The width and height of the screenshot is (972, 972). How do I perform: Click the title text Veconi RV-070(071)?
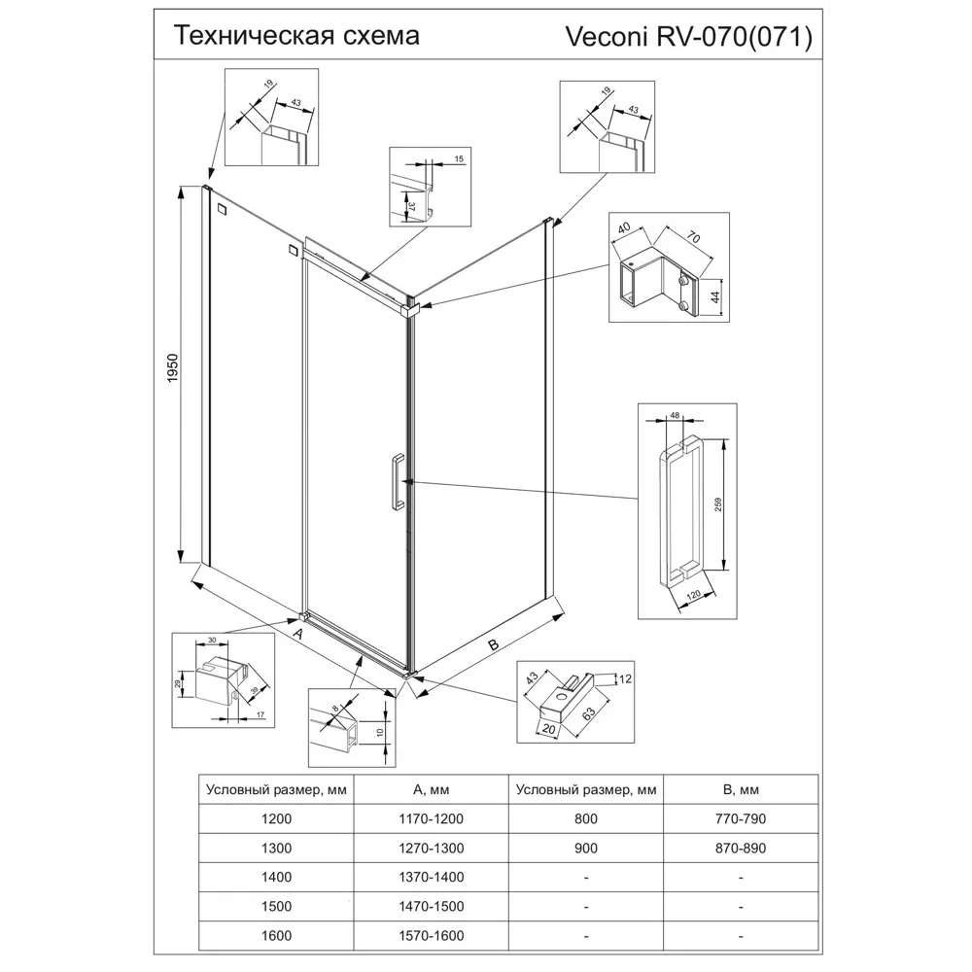pyautogui.click(x=688, y=37)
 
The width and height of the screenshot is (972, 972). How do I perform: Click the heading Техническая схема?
pyautogui.click(x=296, y=36)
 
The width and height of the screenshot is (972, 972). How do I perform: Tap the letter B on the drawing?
pyautogui.click(x=493, y=644)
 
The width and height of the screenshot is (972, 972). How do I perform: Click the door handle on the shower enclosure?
pyautogui.click(x=397, y=481)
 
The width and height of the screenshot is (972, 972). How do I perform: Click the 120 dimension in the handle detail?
pyautogui.click(x=695, y=595)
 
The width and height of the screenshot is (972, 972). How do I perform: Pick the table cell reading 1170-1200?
pyautogui.click(x=432, y=818)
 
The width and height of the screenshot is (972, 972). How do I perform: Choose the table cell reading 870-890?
pyautogui.click(x=741, y=848)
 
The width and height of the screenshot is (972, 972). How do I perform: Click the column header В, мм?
pyautogui.click(x=741, y=789)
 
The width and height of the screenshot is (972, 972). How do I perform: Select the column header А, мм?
pyautogui.click(x=432, y=789)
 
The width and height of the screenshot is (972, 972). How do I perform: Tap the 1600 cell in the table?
pyautogui.click(x=276, y=935)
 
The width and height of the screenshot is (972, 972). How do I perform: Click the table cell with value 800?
pyautogui.click(x=586, y=818)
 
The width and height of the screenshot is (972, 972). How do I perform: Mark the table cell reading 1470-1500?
pyautogui.click(x=432, y=906)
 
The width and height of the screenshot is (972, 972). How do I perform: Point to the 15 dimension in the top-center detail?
pyautogui.click(x=459, y=157)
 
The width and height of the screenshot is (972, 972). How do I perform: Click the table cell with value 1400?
pyautogui.click(x=276, y=877)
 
